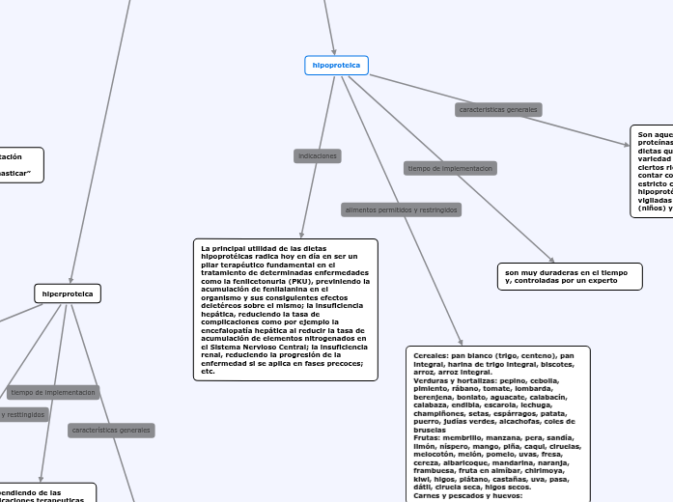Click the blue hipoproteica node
pos(336,66)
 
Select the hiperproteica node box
pos(68,293)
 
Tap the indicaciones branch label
pos(318,155)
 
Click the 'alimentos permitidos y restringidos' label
pos(402,209)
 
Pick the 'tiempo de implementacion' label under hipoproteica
pos(450,168)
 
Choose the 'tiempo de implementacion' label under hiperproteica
pos(53,393)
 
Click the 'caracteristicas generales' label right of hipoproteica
pos(498,110)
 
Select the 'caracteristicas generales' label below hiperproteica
pos(111,430)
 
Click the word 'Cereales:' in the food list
pos(430,355)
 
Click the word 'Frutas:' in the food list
pos(429,437)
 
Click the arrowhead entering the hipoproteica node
pos(333,51)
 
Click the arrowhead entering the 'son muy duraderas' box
pos(551,259)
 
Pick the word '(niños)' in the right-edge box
pos(655,208)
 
